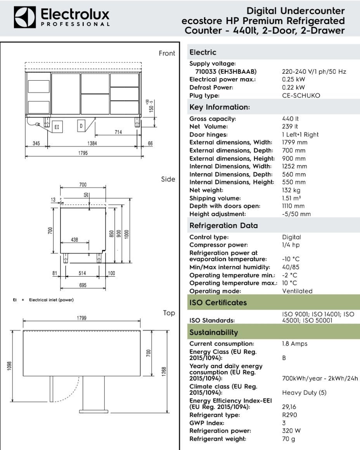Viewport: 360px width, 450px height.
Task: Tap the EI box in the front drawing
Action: (57, 127)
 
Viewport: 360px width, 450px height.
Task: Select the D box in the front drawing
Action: (81, 126)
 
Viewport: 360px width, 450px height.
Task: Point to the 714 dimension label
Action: (118, 132)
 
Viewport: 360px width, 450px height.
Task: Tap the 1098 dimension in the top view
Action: (10, 366)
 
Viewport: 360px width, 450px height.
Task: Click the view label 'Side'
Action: (168, 179)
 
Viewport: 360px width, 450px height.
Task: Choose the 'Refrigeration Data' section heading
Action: (223, 225)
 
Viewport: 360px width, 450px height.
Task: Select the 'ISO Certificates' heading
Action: (218, 303)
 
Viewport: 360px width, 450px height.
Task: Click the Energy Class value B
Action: (284, 358)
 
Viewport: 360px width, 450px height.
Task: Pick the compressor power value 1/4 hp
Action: (291, 245)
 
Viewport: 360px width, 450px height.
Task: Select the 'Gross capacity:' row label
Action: (213, 119)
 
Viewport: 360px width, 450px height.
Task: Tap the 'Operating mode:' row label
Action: (215, 291)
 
